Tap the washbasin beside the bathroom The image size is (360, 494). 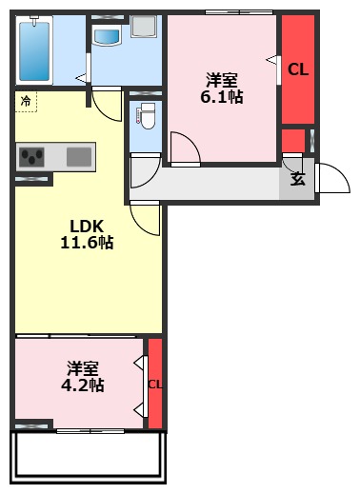point(108,37)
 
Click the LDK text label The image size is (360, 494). point(86,226)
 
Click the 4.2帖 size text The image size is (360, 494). point(83,385)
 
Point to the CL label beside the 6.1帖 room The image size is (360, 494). point(297,69)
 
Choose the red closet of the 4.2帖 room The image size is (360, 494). point(155,383)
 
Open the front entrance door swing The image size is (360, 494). point(330,179)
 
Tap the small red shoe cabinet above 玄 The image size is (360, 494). point(293,140)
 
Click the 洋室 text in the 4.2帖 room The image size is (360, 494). point(83,367)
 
